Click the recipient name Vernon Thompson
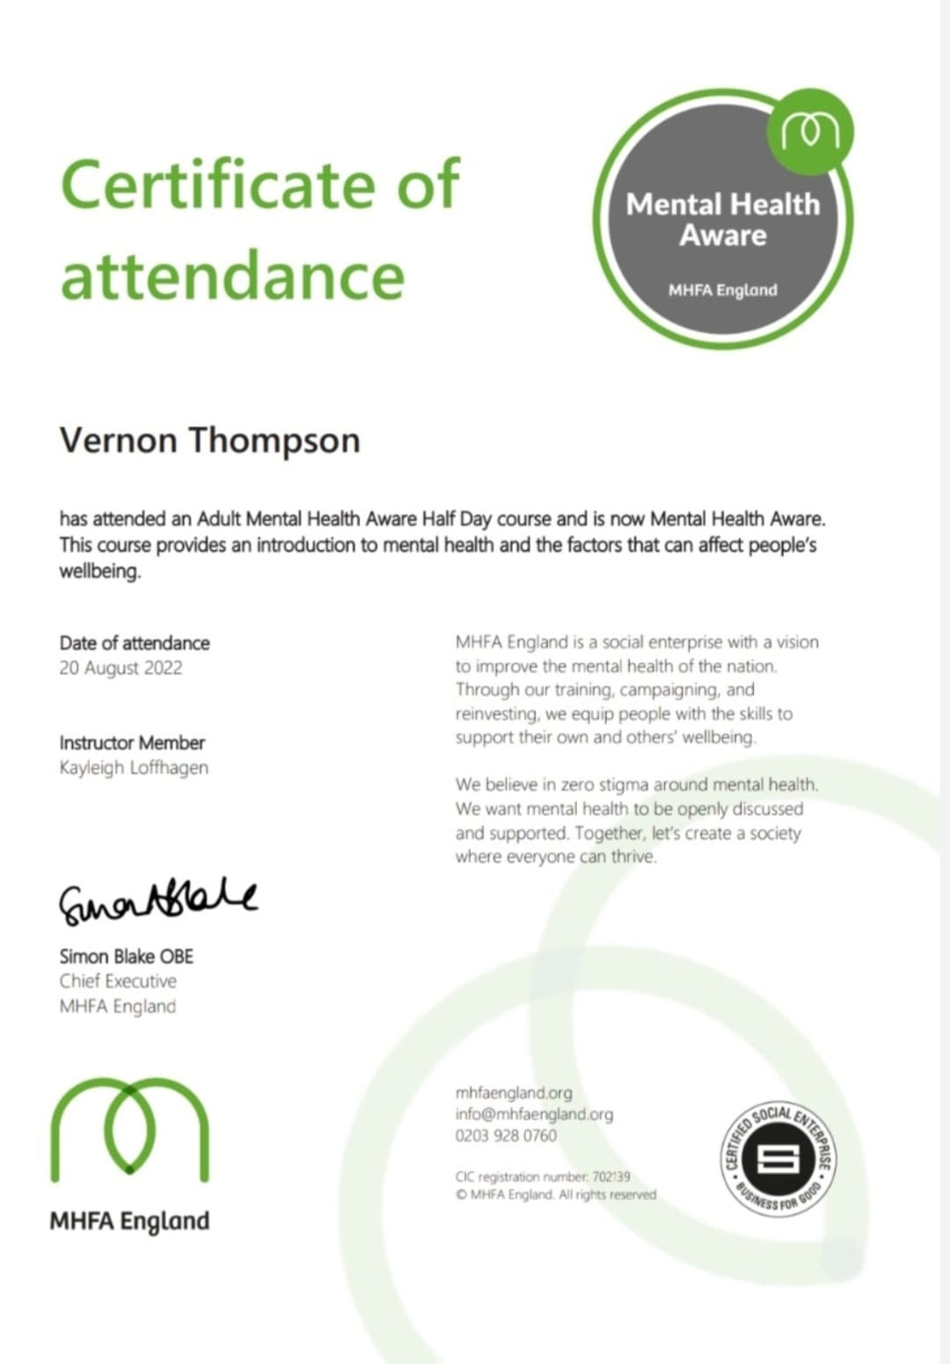click(209, 440)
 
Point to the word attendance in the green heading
click(232, 275)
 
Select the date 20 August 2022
click(121, 668)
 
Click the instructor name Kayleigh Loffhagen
click(134, 767)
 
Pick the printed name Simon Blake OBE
click(126, 957)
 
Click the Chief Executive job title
click(118, 981)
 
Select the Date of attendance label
click(135, 643)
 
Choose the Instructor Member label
click(132, 743)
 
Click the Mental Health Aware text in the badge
click(722, 220)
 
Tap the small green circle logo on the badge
click(810, 132)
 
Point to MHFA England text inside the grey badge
click(722, 290)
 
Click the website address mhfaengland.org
click(514, 1093)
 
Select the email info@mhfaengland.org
click(534, 1114)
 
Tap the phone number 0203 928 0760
click(506, 1136)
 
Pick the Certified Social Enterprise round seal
click(778, 1158)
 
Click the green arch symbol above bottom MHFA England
click(129, 1129)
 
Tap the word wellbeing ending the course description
click(99, 571)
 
